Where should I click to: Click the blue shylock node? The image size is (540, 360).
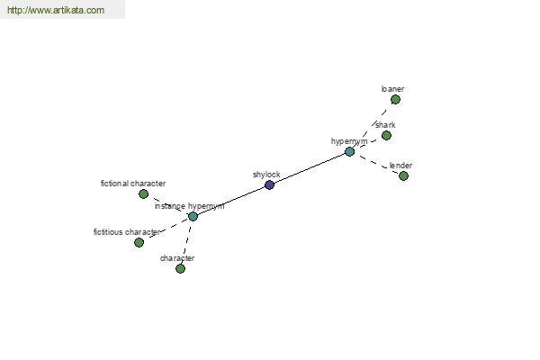tap(269, 185)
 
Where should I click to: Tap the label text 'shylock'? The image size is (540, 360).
tap(266, 175)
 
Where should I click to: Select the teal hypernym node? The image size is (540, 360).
tap(349, 151)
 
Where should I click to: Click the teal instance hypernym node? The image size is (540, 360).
tap(193, 216)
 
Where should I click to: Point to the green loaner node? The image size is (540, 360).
tap(395, 100)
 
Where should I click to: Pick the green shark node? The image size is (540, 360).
tap(386, 135)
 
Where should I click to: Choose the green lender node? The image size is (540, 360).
tap(403, 176)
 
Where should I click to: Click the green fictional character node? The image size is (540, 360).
tap(144, 194)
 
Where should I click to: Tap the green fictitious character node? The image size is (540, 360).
tap(139, 242)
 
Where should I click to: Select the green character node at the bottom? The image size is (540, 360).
tap(180, 268)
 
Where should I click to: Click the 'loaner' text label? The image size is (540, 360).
tap(392, 89)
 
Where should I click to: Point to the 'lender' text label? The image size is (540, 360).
tap(400, 166)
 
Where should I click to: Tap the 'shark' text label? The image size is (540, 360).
tap(385, 125)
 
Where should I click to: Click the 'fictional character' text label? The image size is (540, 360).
tap(133, 184)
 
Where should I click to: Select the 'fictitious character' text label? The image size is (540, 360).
tap(127, 232)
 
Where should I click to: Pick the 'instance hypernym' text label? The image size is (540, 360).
tap(189, 206)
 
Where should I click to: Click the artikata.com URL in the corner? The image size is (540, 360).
tap(56, 10)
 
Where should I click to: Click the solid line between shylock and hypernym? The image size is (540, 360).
tap(310, 168)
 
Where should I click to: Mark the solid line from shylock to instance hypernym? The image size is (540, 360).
tap(231, 201)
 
